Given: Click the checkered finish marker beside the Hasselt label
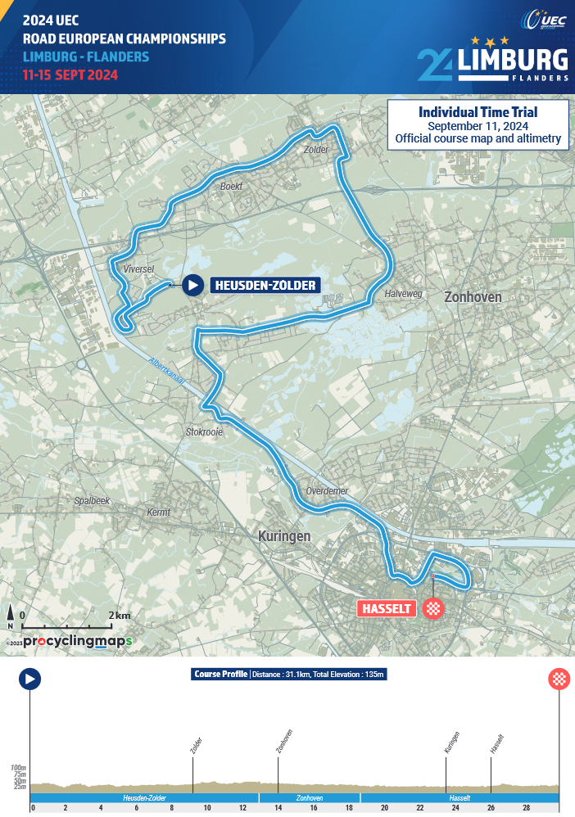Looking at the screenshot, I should [433, 608].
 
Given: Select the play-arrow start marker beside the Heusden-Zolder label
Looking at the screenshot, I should [192, 285].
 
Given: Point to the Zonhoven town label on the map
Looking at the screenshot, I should [473, 297].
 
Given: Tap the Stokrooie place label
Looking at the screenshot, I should [205, 431].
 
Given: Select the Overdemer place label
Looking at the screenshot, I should [327, 491].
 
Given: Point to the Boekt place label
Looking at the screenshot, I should [232, 187].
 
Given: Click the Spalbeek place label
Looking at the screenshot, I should [92, 500].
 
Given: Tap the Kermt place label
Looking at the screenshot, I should [158, 512].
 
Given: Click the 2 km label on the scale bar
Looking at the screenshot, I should [120, 615].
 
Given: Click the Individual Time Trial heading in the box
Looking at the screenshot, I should [478, 111].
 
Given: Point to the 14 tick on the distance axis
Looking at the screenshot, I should [278, 807].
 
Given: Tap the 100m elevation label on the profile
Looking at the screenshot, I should [18, 769].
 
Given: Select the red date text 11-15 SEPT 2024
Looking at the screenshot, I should [71, 74].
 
